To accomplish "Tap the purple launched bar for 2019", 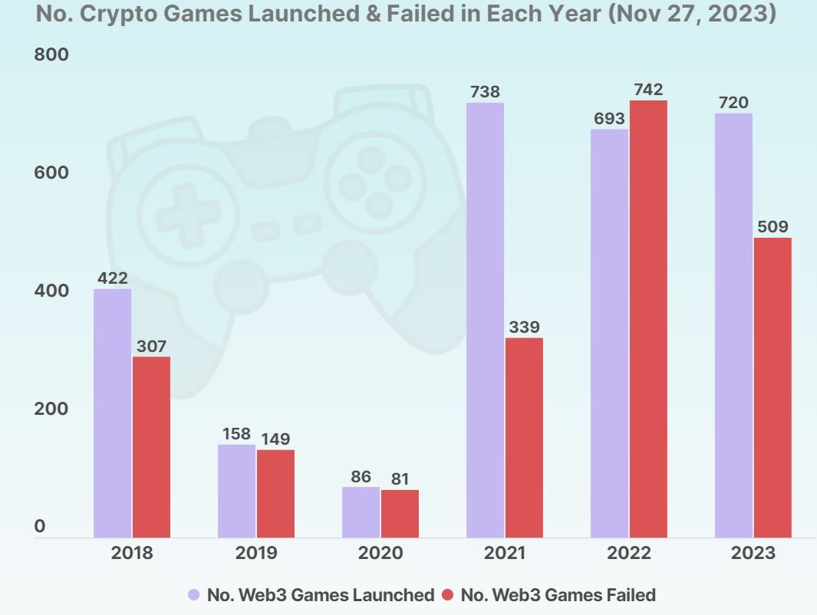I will (236, 491).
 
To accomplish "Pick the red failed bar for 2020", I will (400, 513).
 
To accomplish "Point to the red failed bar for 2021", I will (524, 437).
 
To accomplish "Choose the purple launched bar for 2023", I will (733, 325).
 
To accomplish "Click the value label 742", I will (648, 90).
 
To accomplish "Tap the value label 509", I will (773, 227).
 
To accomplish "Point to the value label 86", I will (361, 477).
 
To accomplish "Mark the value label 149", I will (275, 439).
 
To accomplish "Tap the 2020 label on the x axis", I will (380, 553).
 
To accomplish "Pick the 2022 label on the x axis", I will (629, 553).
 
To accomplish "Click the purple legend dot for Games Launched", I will (194, 594).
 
